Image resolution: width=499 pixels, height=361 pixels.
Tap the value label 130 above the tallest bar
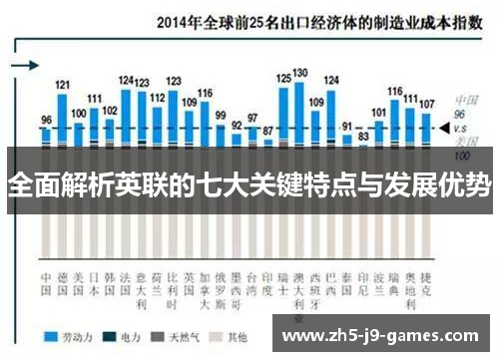tap(299, 73)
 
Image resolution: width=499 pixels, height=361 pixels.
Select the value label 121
tap(62, 85)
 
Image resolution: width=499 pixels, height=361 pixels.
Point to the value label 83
tap(363, 135)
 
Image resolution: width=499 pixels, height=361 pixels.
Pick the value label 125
tap(283, 78)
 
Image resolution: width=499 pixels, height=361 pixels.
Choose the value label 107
tap(426, 104)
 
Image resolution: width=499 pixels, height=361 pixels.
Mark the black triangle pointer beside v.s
tap(442, 128)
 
